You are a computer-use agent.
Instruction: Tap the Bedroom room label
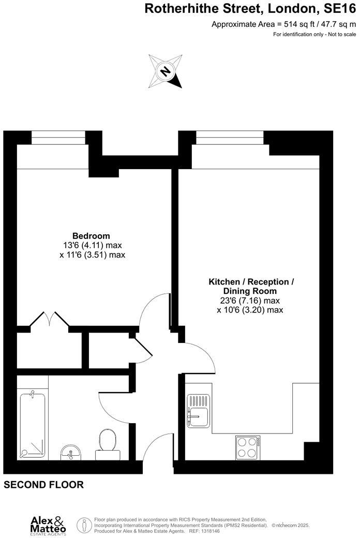click(x=91, y=236)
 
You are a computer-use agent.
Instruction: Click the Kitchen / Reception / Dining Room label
click(x=251, y=287)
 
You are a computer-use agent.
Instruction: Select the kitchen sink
click(x=198, y=411)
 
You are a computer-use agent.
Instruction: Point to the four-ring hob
click(x=248, y=447)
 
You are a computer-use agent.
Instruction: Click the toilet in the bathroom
click(x=108, y=443)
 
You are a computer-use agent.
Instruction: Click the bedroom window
click(x=58, y=138)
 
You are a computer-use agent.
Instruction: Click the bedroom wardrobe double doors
click(x=50, y=319)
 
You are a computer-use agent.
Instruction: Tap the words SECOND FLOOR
click(x=43, y=485)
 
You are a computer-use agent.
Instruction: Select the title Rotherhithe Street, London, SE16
click(x=250, y=8)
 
